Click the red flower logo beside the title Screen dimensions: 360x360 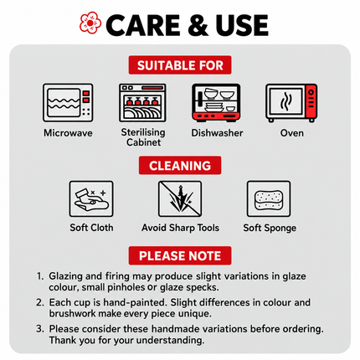click(90, 23)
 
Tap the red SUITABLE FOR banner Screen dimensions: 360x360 click(180, 65)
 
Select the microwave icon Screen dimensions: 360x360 click(68, 103)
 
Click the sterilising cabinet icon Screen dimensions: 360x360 click(142, 103)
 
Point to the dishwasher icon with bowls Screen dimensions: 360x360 click(216, 103)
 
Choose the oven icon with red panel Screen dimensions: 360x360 click(291, 103)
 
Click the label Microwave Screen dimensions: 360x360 click(68, 133)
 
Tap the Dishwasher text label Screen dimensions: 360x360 click(217, 133)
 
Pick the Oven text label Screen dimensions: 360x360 click(292, 133)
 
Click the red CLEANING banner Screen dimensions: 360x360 click(180, 166)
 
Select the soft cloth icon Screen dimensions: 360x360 click(91, 199)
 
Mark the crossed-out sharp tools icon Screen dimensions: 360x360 click(180, 199)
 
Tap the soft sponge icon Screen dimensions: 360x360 click(269, 199)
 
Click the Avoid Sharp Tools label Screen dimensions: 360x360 click(180, 228)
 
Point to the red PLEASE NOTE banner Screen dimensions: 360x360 click(180, 255)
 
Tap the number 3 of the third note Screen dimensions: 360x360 click(39, 329)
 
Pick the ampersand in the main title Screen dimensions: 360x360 click(198, 25)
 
